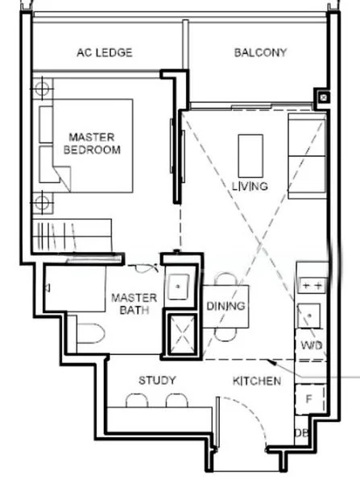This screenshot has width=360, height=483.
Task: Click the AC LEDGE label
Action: [105, 52]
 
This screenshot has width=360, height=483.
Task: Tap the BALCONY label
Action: [260, 52]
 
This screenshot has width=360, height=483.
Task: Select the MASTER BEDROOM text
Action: [92, 143]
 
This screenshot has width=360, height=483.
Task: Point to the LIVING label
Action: [250, 186]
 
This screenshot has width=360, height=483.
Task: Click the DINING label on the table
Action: [226, 306]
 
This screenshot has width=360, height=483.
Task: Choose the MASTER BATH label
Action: [134, 303]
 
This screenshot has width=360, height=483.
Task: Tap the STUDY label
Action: [157, 381]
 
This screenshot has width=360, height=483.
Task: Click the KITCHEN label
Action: [257, 381]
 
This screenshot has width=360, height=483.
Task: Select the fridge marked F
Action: [310, 399]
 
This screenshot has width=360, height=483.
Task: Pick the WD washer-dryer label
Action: [312, 345]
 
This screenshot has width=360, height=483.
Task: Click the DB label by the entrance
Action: [301, 433]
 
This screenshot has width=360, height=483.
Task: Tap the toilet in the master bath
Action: [90, 333]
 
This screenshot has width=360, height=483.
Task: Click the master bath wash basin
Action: [178, 287]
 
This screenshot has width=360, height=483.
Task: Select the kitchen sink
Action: [308, 316]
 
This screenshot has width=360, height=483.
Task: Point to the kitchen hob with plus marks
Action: [312, 285]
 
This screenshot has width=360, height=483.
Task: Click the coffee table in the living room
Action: [250, 156]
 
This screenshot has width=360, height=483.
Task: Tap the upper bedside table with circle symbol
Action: [42, 89]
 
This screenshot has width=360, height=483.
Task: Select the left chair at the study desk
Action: [137, 400]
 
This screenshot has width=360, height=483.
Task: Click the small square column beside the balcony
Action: [323, 98]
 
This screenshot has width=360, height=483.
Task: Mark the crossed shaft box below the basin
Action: [182, 334]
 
